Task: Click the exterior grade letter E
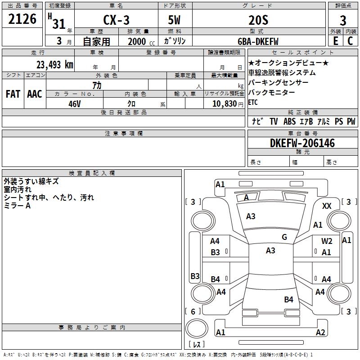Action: click(335, 41)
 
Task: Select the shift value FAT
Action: click(13, 94)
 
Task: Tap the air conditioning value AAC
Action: click(34, 94)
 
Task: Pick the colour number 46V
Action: click(74, 103)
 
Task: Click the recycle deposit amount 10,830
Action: click(221, 103)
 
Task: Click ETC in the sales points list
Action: click(253, 102)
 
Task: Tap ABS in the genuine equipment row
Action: click(289, 121)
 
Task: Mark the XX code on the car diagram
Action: click(327, 206)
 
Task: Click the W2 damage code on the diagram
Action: click(327, 241)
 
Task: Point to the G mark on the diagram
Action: click(284, 237)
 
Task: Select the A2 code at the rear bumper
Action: click(320, 333)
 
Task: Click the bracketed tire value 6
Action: click(193, 311)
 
